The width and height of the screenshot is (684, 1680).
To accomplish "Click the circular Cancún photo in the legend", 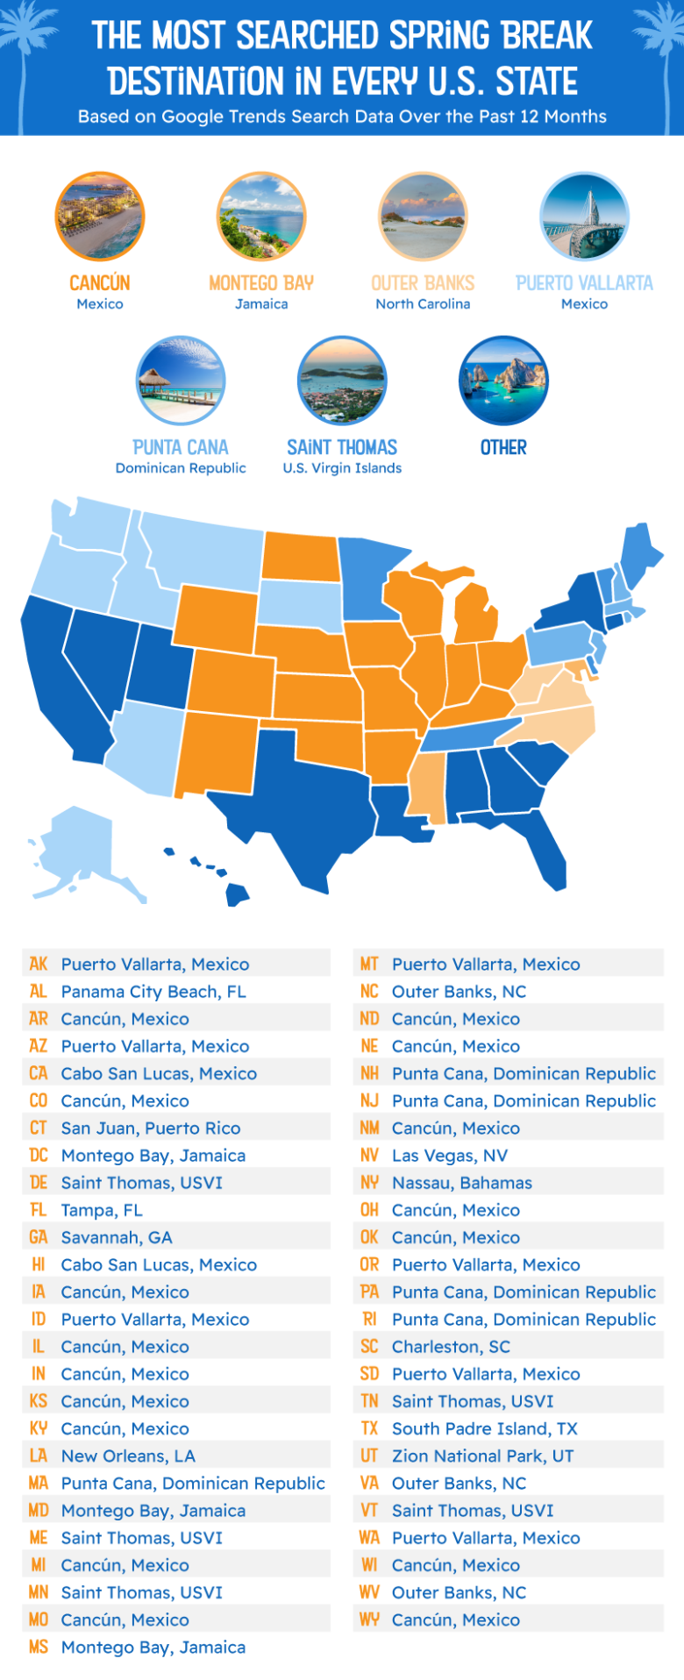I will click(100, 217).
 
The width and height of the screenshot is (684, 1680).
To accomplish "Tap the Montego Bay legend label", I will click(261, 283).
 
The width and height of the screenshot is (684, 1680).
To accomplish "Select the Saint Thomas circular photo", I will click(342, 380).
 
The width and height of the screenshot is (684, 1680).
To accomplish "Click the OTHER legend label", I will click(503, 447).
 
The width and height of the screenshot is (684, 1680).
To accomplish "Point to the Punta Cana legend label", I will click(181, 447).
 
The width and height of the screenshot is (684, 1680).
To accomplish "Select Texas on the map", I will click(289, 807).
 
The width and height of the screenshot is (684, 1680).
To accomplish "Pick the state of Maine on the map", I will click(640, 552).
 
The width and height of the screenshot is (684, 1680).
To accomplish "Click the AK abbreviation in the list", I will click(38, 964).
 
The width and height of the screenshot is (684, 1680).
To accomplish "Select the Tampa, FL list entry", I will click(102, 1210).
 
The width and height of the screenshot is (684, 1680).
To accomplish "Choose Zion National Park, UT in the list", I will click(482, 1456).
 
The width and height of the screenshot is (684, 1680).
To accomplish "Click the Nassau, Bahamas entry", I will click(462, 1183).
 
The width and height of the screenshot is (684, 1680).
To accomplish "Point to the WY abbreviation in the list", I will click(369, 1619).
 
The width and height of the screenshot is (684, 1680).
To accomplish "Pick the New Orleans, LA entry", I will click(128, 1456).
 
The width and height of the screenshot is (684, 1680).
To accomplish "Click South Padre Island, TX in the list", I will click(485, 1428).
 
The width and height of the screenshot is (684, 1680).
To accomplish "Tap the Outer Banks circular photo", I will click(423, 217).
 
